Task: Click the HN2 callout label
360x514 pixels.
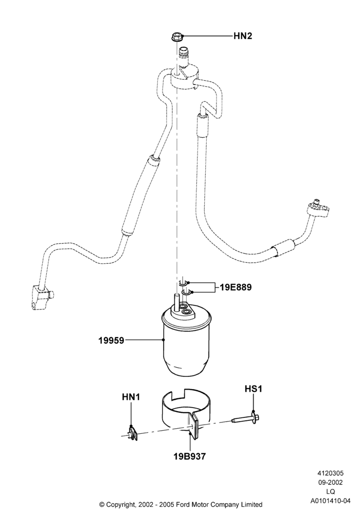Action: point(243,36)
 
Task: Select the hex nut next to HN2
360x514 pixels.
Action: point(176,36)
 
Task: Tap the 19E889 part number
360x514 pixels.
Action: point(236,287)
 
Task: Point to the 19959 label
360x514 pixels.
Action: point(112,340)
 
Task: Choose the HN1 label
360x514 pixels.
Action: point(131,397)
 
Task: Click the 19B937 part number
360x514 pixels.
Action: point(190,456)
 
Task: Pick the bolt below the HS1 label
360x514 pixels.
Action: point(246,418)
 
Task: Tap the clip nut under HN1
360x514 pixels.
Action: point(133,433)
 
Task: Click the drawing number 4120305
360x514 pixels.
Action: point(330,473)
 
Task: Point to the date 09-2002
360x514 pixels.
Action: point(330,483)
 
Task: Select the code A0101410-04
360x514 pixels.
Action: point(330,501)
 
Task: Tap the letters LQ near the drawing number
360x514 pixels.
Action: point(330,492)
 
